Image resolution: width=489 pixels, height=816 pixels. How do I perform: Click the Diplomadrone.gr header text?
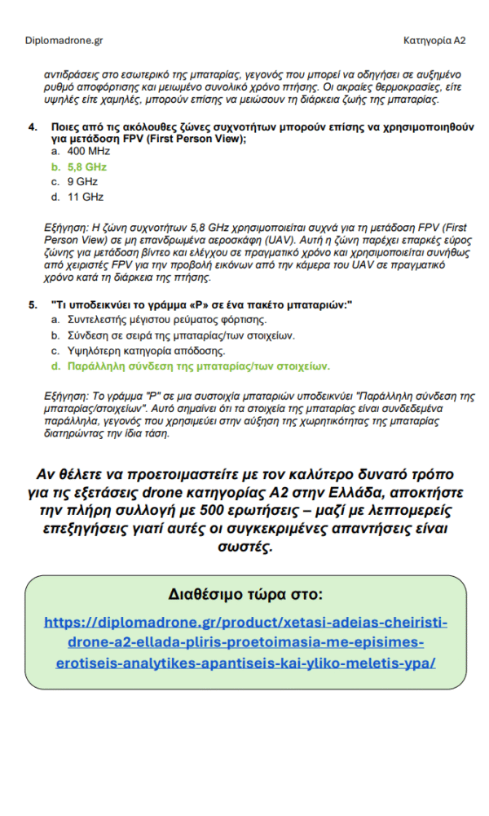(64, 40)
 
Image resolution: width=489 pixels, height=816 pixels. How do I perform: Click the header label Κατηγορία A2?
(434, 40)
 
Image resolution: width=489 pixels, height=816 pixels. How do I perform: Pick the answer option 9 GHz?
(82, 182)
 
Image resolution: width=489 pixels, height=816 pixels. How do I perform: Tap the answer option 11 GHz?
(86, 197)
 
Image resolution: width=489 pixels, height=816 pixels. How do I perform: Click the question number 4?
(33, 128)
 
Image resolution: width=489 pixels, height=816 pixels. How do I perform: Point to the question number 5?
(33, 305)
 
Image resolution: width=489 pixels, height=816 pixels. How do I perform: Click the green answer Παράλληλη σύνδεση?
(199, 366)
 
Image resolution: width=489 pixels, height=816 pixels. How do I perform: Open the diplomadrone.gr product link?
(245, 642)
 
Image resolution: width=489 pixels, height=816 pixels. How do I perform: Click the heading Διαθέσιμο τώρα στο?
(245, 592)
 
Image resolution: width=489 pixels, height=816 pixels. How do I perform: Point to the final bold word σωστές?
(245, 546)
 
